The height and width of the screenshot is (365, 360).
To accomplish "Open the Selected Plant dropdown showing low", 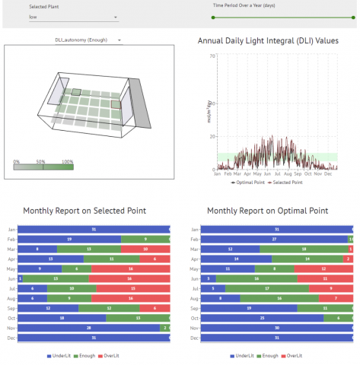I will [73, 16].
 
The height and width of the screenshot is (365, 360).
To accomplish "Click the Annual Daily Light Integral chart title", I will [268, 40].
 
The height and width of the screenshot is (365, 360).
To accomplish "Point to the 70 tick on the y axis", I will [212, 56].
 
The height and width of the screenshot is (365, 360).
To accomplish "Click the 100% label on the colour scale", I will [67, 162].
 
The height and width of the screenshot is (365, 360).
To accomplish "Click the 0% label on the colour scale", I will [18, 162].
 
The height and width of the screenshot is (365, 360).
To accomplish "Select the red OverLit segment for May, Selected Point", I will [130, 268].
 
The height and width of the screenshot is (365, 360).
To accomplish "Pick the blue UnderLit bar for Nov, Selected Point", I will [88, 327].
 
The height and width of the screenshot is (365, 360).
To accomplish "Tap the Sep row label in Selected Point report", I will [11, 308].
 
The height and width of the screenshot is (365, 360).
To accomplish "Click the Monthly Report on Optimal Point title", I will [267, 211].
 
